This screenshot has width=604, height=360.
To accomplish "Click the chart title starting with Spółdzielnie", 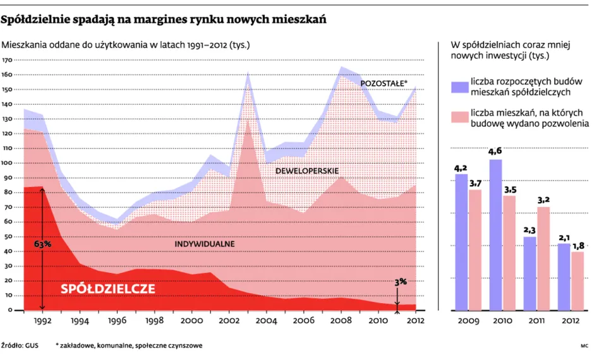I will click(x=164, y=20).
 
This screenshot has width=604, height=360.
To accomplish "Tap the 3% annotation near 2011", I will click(x=400, y=283).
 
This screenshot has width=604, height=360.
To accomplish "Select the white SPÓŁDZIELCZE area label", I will click(x=108, y=289).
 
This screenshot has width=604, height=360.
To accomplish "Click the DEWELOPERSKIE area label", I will click(x=308, y=171).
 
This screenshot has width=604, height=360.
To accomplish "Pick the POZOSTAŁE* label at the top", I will click(x=384, y=83).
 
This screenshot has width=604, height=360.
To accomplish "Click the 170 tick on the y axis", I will click(x=8, y=60).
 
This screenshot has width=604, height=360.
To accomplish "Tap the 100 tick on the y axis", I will click(x=8, y=163).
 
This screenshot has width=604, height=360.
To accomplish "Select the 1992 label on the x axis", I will click(x=43, y=320).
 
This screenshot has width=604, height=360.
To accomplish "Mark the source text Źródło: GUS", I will click(x=21, y=346).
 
